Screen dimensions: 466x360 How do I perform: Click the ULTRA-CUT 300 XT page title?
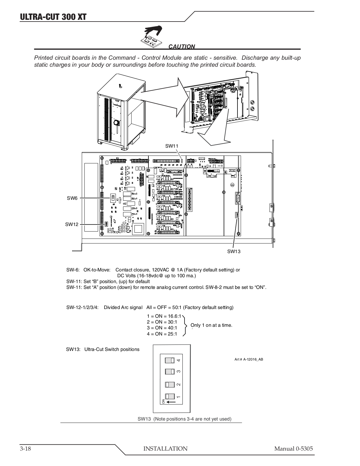click(53, 17)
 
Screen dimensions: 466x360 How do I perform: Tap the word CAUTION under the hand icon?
click(182, 47)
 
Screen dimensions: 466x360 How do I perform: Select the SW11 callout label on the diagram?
click(171, 146)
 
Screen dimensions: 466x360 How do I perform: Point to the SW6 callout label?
click(72, 198)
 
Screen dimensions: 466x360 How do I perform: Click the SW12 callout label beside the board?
click(72, 224)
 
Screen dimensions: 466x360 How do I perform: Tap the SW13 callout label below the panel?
click(234, 251)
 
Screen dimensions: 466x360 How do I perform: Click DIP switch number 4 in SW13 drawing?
click(170, 360)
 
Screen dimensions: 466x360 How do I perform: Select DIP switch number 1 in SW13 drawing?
click(170, 396)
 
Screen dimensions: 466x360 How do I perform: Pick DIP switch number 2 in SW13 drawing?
click(170, 384)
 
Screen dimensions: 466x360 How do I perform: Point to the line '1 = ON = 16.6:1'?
click(164, 316)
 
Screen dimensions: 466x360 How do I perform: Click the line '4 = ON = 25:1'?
click(162, 334)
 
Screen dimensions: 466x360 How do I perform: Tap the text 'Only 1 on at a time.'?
click(211, 325)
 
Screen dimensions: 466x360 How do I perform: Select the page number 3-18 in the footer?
click(26, 449)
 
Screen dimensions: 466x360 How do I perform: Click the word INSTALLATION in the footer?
click(165, 449)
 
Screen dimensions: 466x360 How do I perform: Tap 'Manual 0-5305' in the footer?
click(293, 449)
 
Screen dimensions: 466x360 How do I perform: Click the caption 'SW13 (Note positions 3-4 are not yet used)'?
click(185, 419)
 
